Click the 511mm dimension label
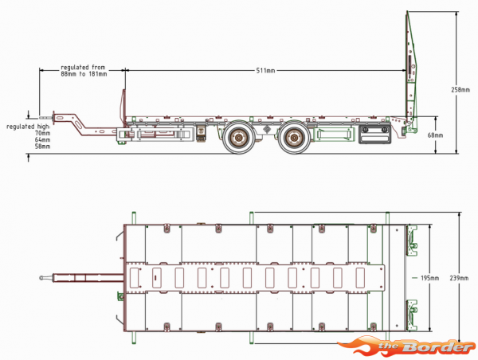pyautogui.click(x=265, y=71)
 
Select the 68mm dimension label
pyautogui.click(x=435, y=135)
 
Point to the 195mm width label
pyautogui.click(x=429, y=277)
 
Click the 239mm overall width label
pyautogui.click(x=460, y=278)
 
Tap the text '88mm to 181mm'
pyautogui.click(x=84, y=75)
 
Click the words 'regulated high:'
pyautogui.click(x=28, y=127)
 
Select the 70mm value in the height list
pyautogui.click(x=42, y=133)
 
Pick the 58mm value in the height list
pyautogui.click(x=42, y=147)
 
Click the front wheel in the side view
pyautogui.click(x=237, y=139)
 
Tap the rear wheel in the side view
pyautogui.click(x=293, y=139)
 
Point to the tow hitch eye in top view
pyautogui.click(x=42, y=278)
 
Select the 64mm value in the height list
pyautogui.click(x=42, y=140)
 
